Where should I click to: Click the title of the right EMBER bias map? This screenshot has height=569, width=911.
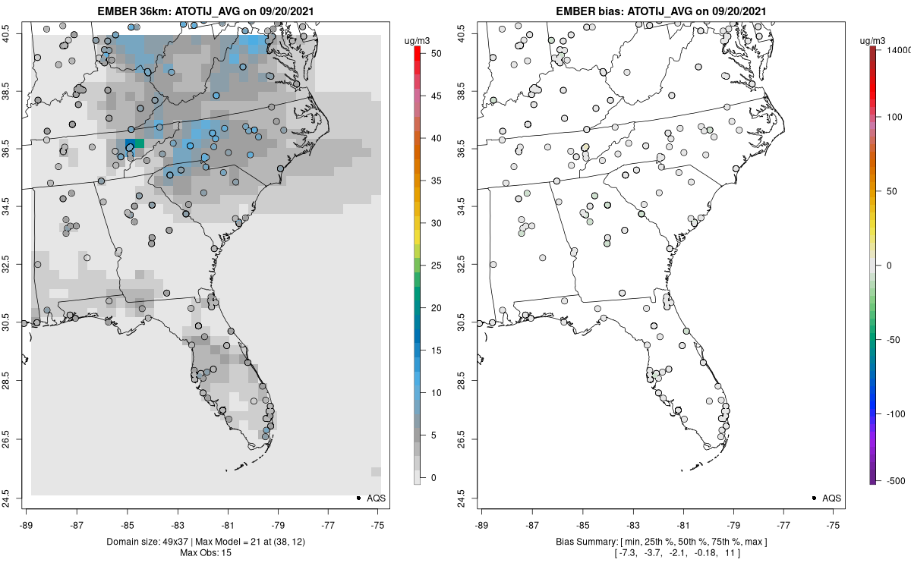point(660,11)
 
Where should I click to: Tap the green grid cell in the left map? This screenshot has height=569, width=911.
point(139,143)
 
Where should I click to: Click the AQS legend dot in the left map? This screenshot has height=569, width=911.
point(358,498)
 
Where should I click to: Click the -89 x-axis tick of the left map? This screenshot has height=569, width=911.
point(27,523)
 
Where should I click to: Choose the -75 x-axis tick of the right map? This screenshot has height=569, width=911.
point(834,523)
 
